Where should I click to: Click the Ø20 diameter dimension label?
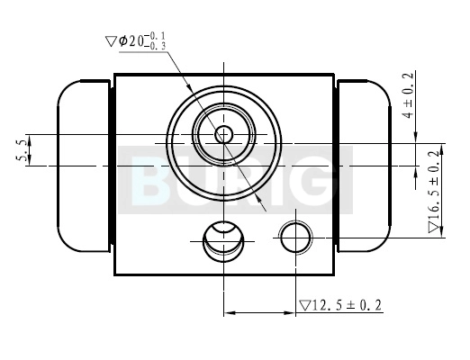[136, 41]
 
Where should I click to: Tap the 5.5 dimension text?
[21, 150]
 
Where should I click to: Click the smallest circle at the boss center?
[223, 134]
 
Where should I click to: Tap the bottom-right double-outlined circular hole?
[296, 237]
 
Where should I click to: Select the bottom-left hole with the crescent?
[223, 241]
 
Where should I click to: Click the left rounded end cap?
[84, 166]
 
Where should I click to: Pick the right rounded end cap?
[364, 166]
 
